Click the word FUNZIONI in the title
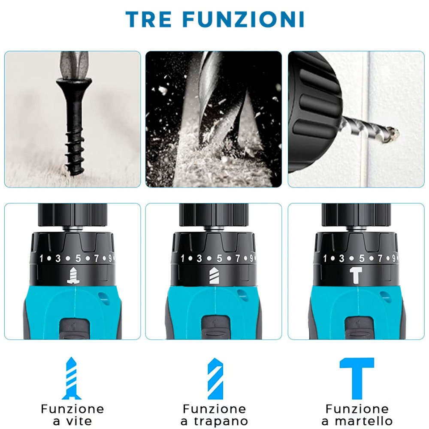pyautogui.click(x=244, y=19)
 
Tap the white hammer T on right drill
pyautogui.click(x=356, y=275)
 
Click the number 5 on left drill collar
pyautogui.click(x=78, y=258)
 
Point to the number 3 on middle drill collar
pyautogui.click(x=199, y=258)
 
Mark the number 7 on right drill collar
pyautogui.click(x=380, y=258)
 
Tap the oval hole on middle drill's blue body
pyautogui.click(x=242, y=296)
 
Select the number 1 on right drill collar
pyautogui.click(x=325, y=258)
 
